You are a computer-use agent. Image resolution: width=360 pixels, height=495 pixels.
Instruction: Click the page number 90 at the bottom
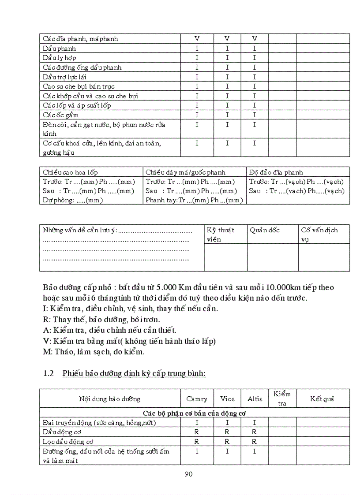tap(188, 474)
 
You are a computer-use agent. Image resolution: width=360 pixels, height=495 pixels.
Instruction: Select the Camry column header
tap(197, 398)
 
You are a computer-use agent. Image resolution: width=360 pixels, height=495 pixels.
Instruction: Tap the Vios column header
tap(227, 398)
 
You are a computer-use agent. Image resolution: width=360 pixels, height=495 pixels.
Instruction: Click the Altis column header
tap(255, 398)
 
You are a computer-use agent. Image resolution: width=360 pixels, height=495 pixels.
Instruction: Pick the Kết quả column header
tap(322, 398)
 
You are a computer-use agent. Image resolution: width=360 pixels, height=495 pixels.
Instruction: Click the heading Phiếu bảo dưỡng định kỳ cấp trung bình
tap(134, 373)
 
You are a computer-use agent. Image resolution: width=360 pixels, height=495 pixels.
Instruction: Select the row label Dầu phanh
tap(59, 48)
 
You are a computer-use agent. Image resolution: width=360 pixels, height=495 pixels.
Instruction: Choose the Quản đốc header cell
tap(264, 230)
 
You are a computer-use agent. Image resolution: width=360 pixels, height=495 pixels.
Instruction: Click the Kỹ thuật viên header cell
tap(220, 234)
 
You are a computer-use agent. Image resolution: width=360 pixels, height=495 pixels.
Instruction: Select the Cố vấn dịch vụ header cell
tap(319, 234)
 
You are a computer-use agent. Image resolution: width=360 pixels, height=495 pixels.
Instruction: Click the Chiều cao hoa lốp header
tap(70, 172)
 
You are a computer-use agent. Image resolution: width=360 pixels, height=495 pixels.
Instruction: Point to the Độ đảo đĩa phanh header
tap(276, 172)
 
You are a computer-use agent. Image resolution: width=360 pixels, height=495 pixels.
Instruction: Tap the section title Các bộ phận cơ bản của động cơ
tap(195, 413)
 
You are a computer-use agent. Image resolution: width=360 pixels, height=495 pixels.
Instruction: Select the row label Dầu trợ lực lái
tap(64, 77)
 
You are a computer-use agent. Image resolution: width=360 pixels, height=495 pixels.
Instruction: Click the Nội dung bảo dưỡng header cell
tap(109, 398)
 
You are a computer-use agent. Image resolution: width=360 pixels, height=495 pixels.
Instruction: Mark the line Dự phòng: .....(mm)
tap(72, 200)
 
